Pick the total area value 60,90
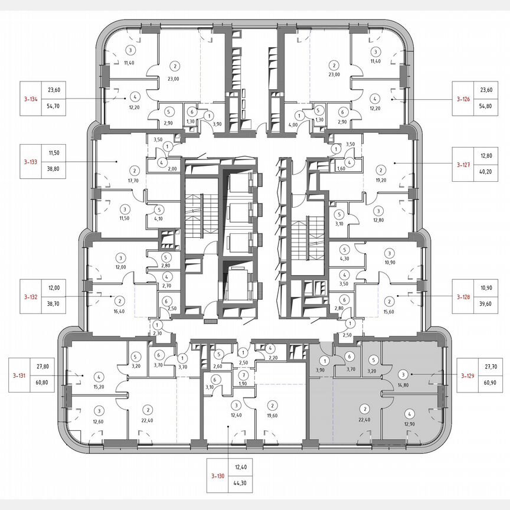[490, 383]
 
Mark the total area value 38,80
[54, 168]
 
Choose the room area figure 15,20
[100, 387]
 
